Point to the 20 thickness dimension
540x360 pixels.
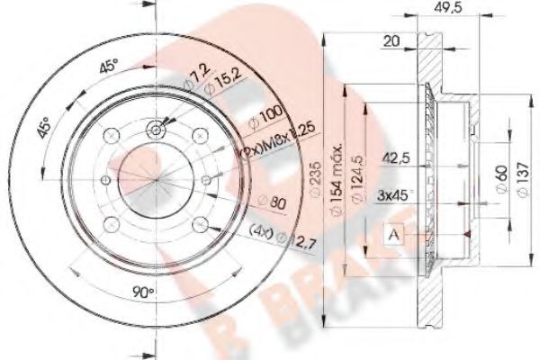click(391, 40)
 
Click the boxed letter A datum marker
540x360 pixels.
click(395, 236)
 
